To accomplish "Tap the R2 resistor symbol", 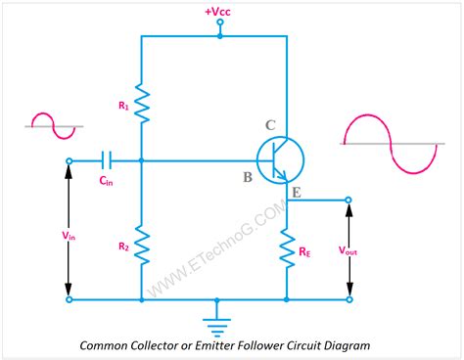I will (141, 246).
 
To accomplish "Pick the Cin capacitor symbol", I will (108, 160).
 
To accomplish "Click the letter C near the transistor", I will (270, 125).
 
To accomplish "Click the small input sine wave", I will (49, 125).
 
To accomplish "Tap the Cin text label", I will (104, 180).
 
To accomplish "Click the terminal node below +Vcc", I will (219, 35).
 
